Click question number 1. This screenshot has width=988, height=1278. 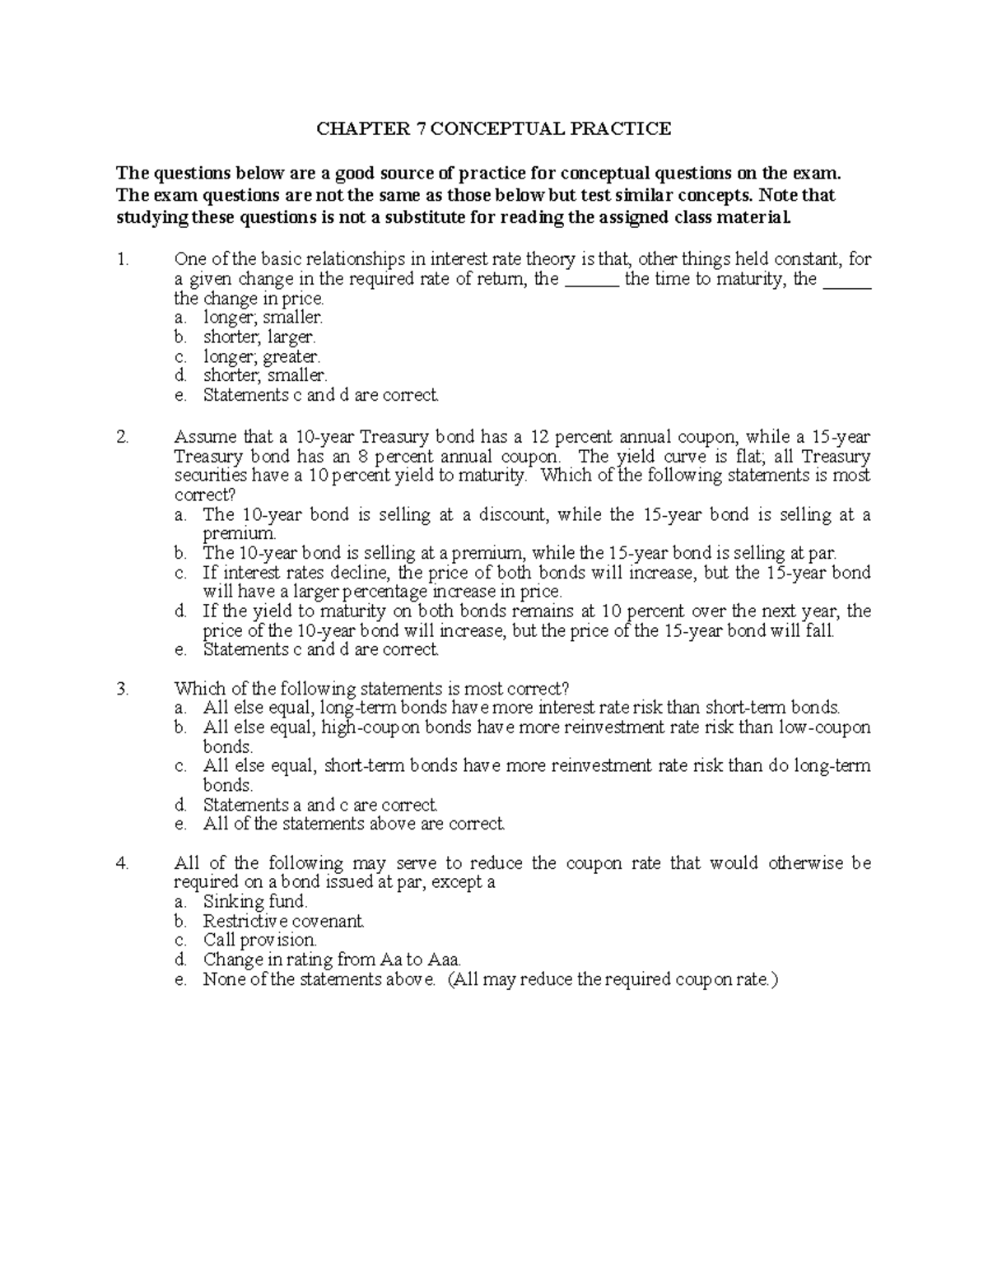123,259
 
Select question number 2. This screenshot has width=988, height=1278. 123,437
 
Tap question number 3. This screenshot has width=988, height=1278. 123,689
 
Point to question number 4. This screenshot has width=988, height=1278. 123,863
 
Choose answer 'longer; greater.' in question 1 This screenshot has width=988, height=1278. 262,357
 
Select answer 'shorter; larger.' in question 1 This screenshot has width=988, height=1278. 259,337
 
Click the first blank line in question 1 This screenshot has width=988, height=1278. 591,280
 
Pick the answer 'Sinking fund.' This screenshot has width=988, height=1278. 254,902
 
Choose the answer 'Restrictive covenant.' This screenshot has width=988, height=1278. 283,922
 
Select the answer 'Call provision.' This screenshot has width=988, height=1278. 259,941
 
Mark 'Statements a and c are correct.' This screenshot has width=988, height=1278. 320,805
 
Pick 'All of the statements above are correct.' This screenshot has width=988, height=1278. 353,824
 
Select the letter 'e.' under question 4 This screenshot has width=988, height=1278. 181,979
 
